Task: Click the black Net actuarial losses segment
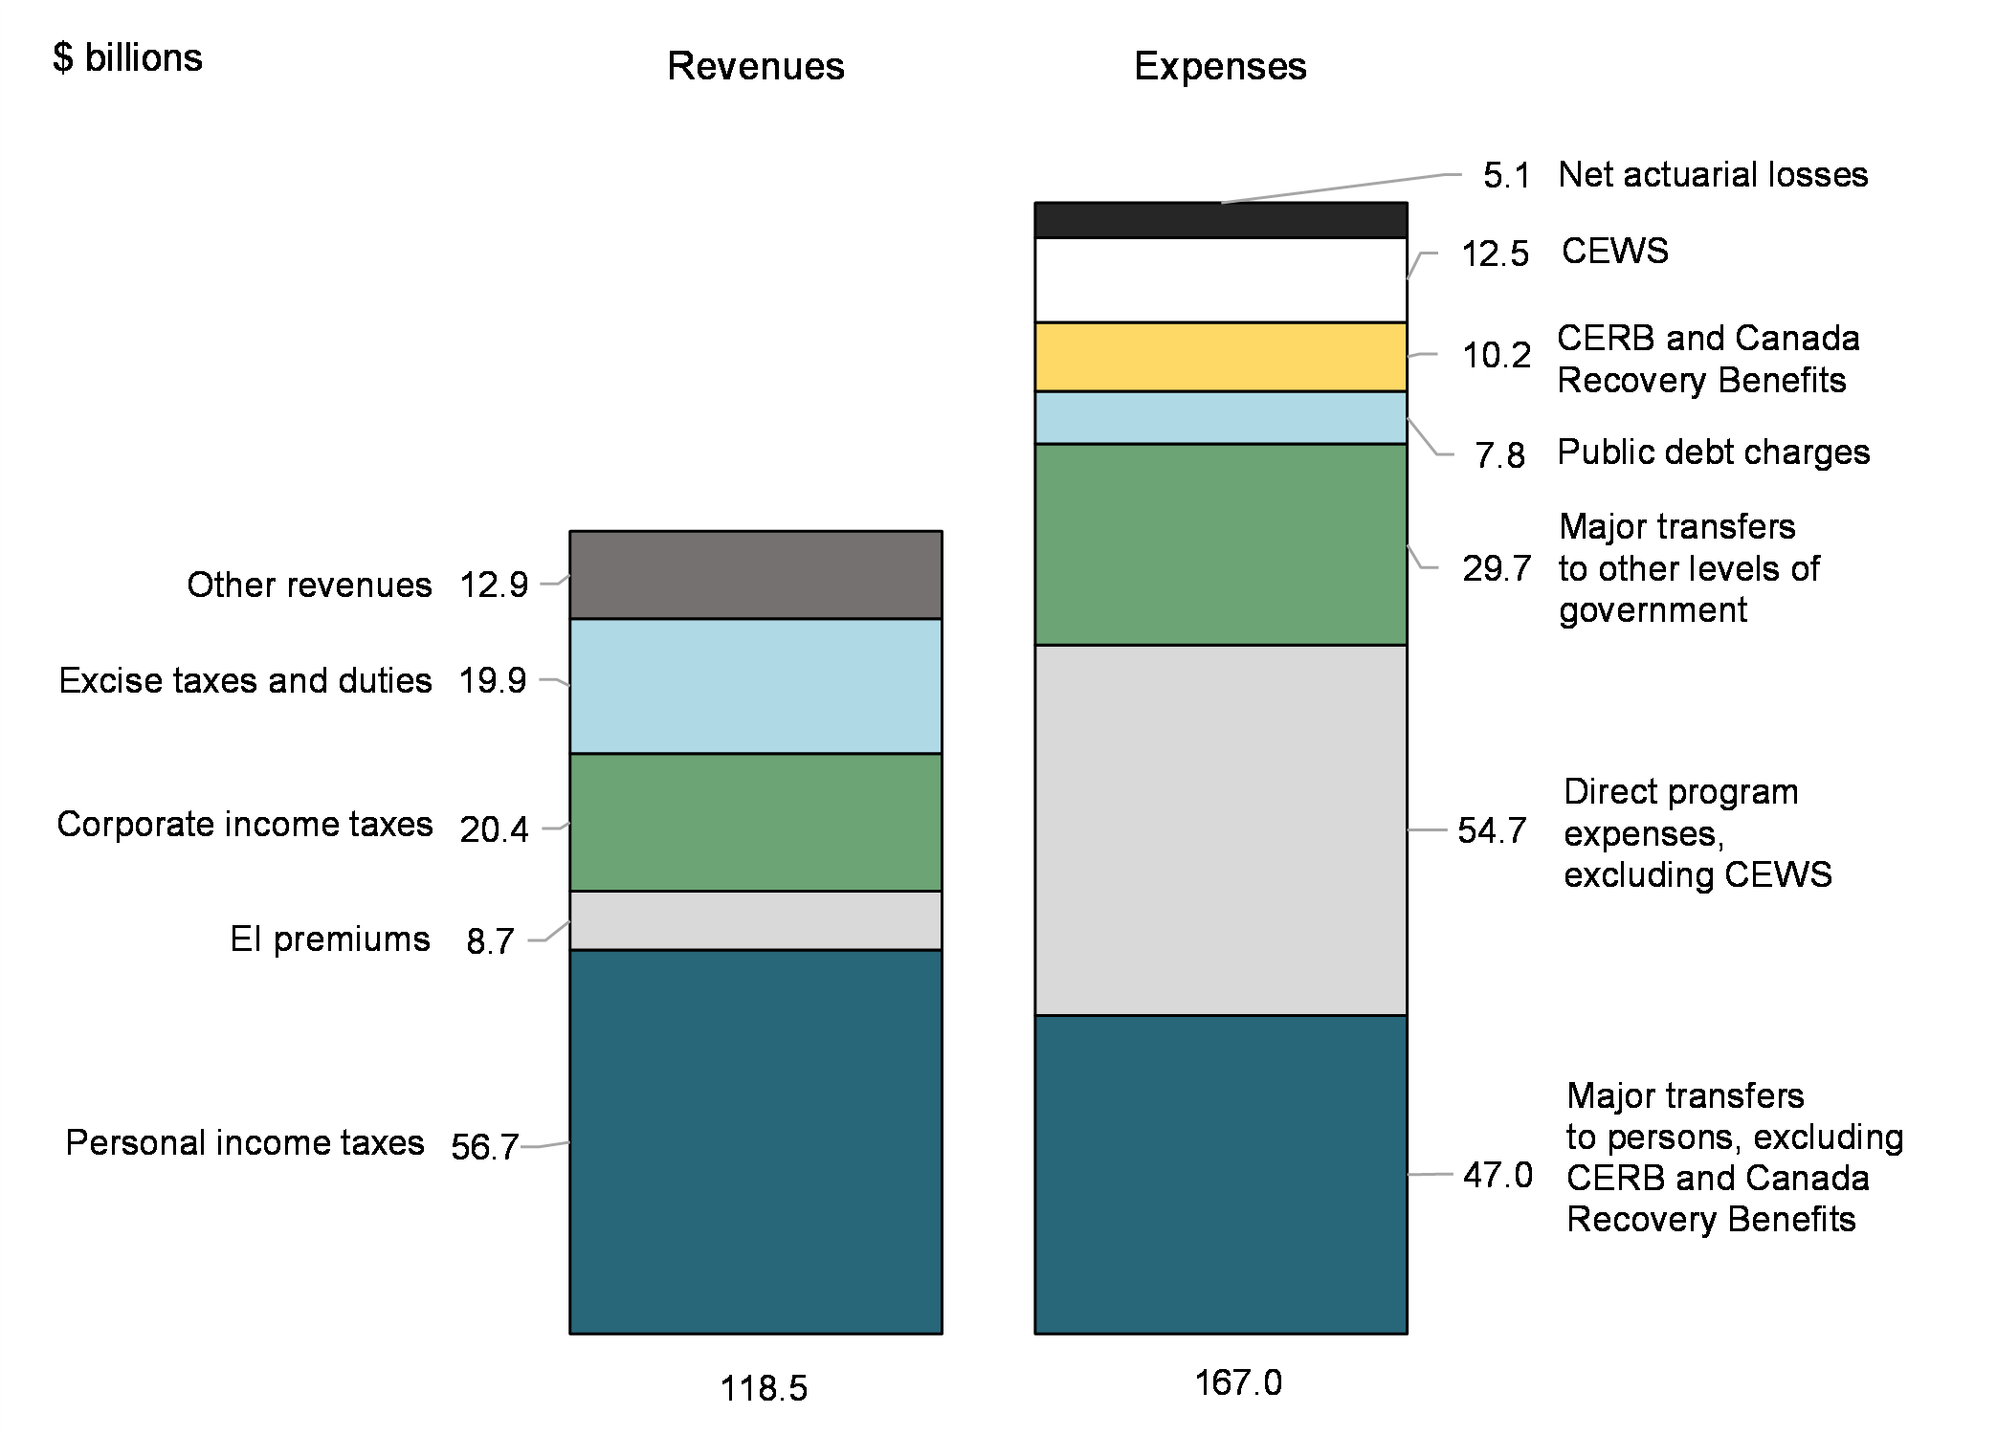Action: pyautogui.click(x=1220, y=220)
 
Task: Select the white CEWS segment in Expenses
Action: pyautogui.click(x=1220, y=279)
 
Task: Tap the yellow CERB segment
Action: pyautogui.click(x=1220, y=357)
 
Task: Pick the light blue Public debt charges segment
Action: pyautogui.click(x=1220, y=418)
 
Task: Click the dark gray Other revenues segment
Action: pyautogui.click(x=755, y=575)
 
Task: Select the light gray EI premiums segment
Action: pyautogui.click(x=755, y=920)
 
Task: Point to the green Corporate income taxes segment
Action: pyautogui.click(x=755, y=823)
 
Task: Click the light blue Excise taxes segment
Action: pyautogui.click(x=755, y=686)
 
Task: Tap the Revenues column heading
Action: pyautogui.click(x=755, y=66)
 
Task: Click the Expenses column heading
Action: pyautogui.click(x=1220, y=66)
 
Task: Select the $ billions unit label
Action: pyautogui.click(x=127, y=58)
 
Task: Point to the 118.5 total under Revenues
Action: pyautogui.click(x=763, y=1388)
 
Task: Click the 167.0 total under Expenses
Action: pyautogui.click(x=1237, y=1382)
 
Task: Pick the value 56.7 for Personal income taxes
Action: pyautogui.click(x=484, y=1146)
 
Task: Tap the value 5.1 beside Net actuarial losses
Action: pyautogui.click(x=1506, y=176)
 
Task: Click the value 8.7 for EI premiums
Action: pyautogui.click(x=490, y=941)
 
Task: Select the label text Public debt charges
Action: pyautogui.click(x=1713, y=453)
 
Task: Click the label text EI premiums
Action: pyautogui.click(x=330, y=939)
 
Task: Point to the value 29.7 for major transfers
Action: pyautogui.click(x=1497, y=568)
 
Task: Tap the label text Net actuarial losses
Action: pyautogui.click(x=1713, y=175)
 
